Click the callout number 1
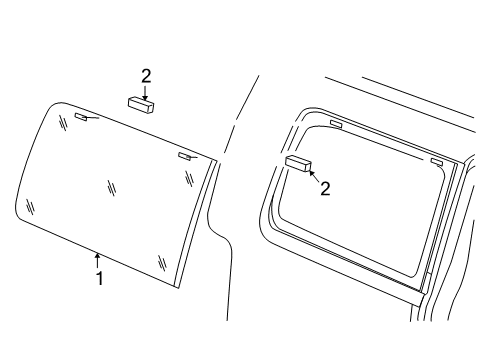[99, 278]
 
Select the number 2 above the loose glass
[146, 75]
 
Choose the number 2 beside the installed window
[324, 188]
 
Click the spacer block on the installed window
[298, 164]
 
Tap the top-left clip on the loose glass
[81, 117]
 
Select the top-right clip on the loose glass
[184, 156]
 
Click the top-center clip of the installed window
[337, 125]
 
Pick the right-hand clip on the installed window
[437, 161]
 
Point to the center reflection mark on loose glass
[113, 185]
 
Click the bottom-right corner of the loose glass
[176, 287]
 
